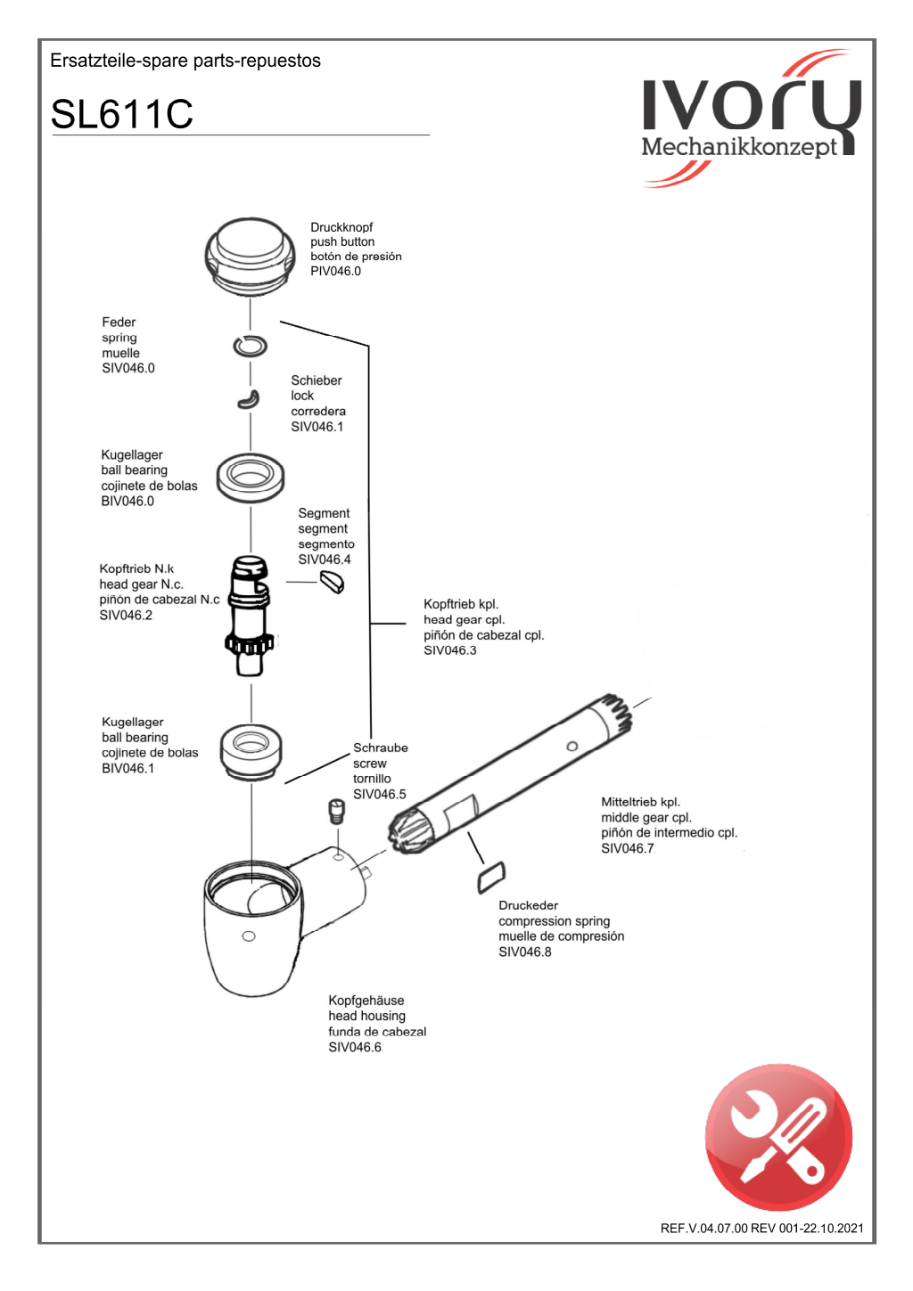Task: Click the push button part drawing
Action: (x=250, y=255)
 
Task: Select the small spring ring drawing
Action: (x=250, y=346)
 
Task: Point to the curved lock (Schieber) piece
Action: (x=249, y=399)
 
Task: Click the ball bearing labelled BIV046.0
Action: (x=251, y=478)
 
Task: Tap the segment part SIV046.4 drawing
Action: (x=332, y=582)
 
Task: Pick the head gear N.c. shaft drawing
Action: (x=249, y=615)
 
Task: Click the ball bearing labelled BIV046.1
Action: (x=251, y=750)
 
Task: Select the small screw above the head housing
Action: (x=336, y=811)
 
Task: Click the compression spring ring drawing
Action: (x=491, y=877)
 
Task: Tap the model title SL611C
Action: (x=122, y=114)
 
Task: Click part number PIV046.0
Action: (x=335, y=271)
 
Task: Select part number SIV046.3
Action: (x=449, y=650)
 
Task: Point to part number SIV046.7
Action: (x=627, y=848)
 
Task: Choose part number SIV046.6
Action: (x=354, y=1047)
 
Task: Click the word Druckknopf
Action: (x=341, y=227)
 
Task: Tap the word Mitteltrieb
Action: (x=629, y=802)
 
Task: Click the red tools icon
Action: (x=778, y=1137)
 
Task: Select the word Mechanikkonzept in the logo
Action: (x=739, y=146)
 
